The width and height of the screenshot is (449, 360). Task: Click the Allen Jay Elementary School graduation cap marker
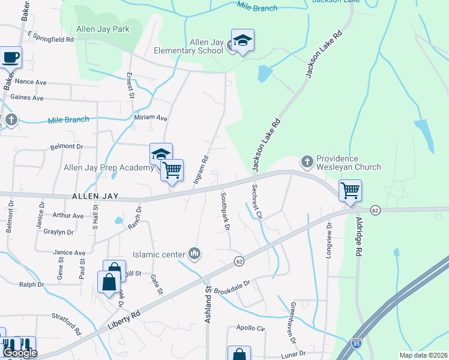[x=243, y=41]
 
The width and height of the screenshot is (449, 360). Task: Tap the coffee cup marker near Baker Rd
[x=11, y=58]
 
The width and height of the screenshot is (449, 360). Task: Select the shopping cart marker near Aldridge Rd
[x=350, y=191]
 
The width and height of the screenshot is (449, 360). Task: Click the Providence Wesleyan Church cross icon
[x=307, y=161]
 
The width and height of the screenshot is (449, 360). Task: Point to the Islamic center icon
[x=194, y=254]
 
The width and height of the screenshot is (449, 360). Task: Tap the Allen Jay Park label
[x=103, y=28]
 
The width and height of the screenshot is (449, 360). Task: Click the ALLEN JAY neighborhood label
[x=95, y=196]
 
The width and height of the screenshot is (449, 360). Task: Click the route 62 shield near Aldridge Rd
[x=376, y=210]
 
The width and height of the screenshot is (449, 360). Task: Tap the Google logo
[x=20, y=353]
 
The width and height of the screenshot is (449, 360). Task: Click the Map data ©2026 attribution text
[x=423, y=355]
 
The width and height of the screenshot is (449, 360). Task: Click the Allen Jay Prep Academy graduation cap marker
[x=161, y=154]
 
